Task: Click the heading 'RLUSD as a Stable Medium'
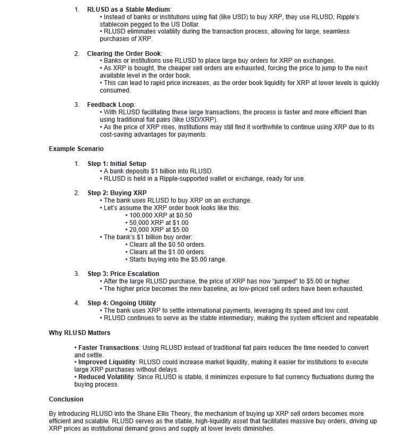pyautogui.click(x=129, y=10)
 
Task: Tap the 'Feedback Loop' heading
pyautogui.click(x=111, y=105)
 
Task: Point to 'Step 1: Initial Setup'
pyautogui.click(x=117, y=164)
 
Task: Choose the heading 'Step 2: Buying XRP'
pyautogui.click(x=117, y=193)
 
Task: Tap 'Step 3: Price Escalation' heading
pyautogui.click(x=123, y=274)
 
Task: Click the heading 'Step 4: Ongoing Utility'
pyautogui.click(x=122, y=303)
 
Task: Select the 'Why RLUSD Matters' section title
pyautogui.click(x=80, y=333)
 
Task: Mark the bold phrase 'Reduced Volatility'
pyautogui.click(x=107, y=377)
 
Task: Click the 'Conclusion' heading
pyautogui.click(x=66, y=399)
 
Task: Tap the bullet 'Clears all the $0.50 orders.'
pyautogui.click(x=167, y=245)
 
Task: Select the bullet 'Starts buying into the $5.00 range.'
pyautogui.click(x=177, y=259)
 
